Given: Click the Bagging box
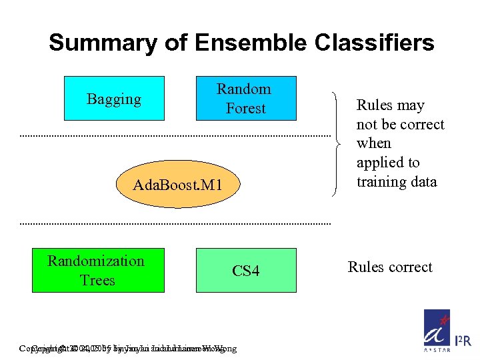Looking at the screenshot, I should click(114, 99).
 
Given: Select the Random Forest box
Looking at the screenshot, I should click(245, 99).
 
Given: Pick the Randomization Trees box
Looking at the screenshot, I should click(97, 270).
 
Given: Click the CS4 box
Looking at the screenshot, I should click(245, 270).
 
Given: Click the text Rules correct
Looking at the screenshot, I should click(390, 267).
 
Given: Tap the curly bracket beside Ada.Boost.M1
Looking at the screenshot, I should click(339, 143).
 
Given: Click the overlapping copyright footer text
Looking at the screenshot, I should click(127, 348).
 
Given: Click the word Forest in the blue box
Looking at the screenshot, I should click(245, 109).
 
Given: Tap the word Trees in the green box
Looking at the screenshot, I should click(97, 281).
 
